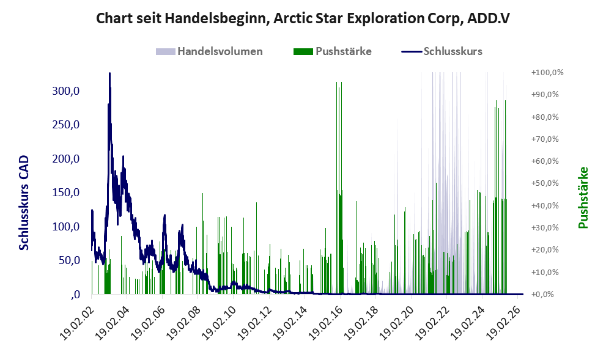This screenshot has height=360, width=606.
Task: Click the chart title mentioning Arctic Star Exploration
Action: [x=303, y=18]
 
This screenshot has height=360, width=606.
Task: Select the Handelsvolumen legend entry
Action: [x=209, y=51]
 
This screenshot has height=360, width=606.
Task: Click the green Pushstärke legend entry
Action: [x=333, y=51]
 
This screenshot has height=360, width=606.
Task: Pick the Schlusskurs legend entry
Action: [x=442, y=51]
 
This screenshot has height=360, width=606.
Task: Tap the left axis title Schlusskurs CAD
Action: [x=24, y=202]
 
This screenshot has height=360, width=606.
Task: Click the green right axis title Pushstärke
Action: [x=583, y=197]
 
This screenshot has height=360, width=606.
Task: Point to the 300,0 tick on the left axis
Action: [x=65, y=91]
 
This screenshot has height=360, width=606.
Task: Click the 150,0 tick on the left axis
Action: [x=65, y=193]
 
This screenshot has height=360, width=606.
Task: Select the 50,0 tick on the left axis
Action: [x=69, y=260]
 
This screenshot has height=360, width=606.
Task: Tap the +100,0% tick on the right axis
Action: [x=547, y=73]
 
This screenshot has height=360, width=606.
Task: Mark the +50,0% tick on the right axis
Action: [x=545, y=183]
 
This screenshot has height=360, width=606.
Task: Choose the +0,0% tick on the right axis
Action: [x=542, y=295]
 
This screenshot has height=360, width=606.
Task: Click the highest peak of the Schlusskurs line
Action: [x=109, y=73]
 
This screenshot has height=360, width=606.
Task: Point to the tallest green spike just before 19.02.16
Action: [x=336, y=83]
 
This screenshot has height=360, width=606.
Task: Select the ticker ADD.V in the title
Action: [x=489, y=18]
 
